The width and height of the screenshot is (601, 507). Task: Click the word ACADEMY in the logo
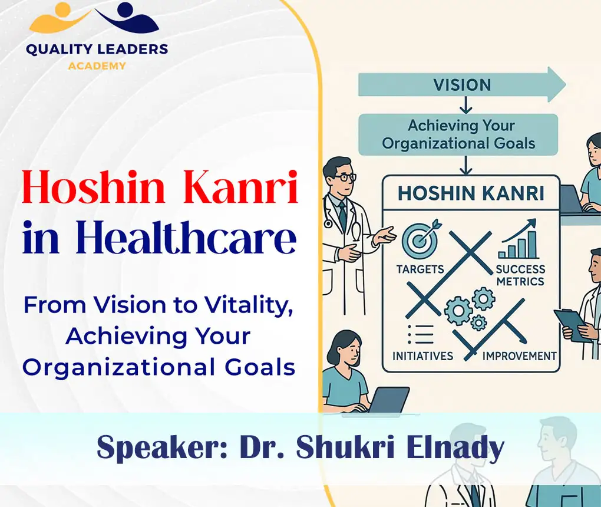(97, 66)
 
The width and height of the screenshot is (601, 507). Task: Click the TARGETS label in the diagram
(421, 269)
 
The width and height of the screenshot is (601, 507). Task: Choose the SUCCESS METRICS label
(520, 275)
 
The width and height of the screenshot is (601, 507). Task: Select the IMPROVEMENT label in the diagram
(519, 356)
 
